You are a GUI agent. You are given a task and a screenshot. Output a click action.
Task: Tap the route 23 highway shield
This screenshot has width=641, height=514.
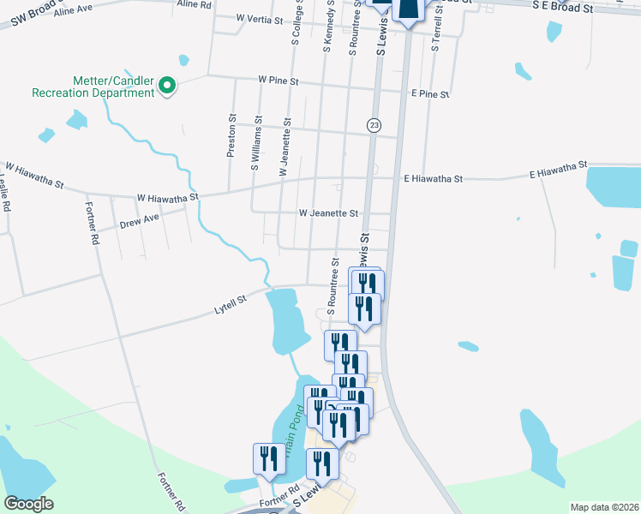point(374,126)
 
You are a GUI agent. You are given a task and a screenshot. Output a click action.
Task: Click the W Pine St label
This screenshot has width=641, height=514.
point(279,81)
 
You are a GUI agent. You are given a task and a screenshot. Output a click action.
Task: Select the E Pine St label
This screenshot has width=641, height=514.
point(429,93)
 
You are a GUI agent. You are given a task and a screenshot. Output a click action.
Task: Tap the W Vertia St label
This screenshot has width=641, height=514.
point(260,18)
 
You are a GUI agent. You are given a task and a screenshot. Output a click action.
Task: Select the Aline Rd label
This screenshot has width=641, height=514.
point(194,4)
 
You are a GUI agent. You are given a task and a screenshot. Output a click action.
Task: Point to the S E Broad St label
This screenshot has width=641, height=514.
point(562,7)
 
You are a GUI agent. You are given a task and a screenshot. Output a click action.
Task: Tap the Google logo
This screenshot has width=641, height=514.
point(28,504)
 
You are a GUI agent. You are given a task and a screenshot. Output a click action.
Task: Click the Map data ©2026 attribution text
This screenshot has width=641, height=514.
point(603,507)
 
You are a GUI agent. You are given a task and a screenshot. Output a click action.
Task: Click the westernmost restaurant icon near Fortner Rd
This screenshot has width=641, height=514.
point(269,458)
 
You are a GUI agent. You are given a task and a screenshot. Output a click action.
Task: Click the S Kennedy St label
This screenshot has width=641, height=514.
point(327,26)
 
